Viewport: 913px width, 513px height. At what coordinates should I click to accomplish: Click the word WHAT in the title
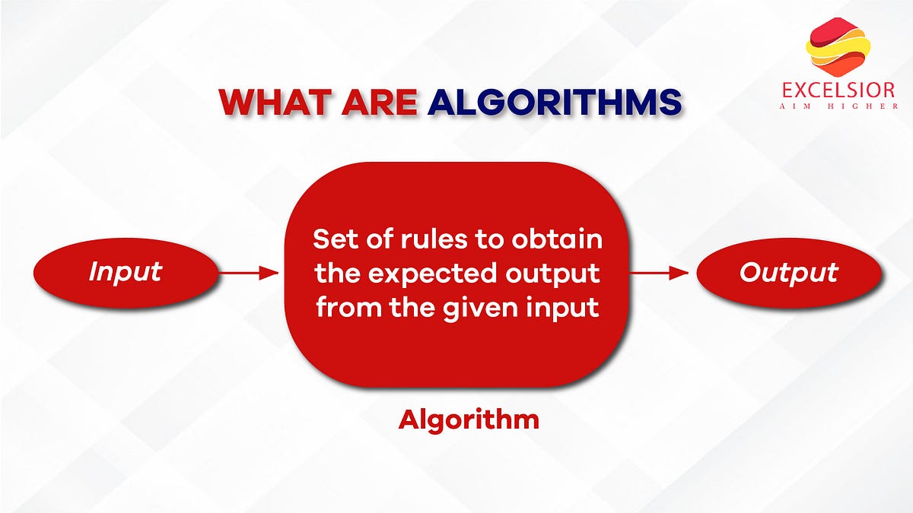pyautogui.click(x=275, y=101)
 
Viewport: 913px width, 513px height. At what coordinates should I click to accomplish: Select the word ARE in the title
pyautogui.click(x=380, y=101)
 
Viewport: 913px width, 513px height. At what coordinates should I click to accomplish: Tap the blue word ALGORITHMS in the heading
pyautogui.click(x=555, y=101)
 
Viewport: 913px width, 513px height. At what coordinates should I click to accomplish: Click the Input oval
pyautogui.click(x=126, y=272)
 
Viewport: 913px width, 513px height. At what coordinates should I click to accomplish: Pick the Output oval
pyautogui.click(x=789, y=272)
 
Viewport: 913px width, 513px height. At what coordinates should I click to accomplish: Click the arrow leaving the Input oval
pyautogui.click(x=249, y=273)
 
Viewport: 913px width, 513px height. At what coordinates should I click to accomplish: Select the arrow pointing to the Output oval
pyautogui.click(x=659, y=273)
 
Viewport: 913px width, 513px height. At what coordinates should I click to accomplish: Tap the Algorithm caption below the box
pyautogui.click(x=469, y=420)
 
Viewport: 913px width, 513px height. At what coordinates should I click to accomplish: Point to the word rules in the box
pyautogui.click(x=434, y=239)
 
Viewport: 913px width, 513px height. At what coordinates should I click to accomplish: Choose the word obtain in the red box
pyautogui.click(x=557, y=239)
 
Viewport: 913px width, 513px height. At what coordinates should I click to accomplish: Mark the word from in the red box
pyautogui.click(x=349, y=307)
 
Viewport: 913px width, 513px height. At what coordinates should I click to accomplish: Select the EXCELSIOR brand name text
pyautogui.click(x=838, y=90)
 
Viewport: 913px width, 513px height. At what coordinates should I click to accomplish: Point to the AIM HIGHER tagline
pyautogui.click(x=838, y=106)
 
